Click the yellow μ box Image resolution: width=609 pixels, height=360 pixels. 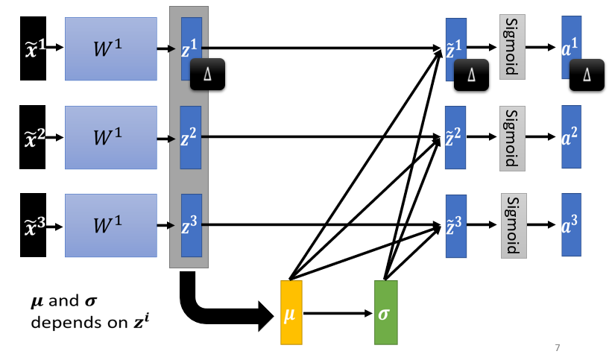coord(291,313)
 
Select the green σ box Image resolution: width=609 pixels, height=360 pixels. coord(385,313)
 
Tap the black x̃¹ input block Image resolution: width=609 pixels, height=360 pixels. coord(34,48)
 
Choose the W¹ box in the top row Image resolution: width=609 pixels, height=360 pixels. coord(111,48)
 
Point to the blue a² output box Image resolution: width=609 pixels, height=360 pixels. coord(571,136)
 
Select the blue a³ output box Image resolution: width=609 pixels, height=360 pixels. coord(571,224)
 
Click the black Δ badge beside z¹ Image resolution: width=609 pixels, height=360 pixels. coord(207,74)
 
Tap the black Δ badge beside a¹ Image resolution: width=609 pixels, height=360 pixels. coord(586,74)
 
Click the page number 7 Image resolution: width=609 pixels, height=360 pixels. coord(558,348)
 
